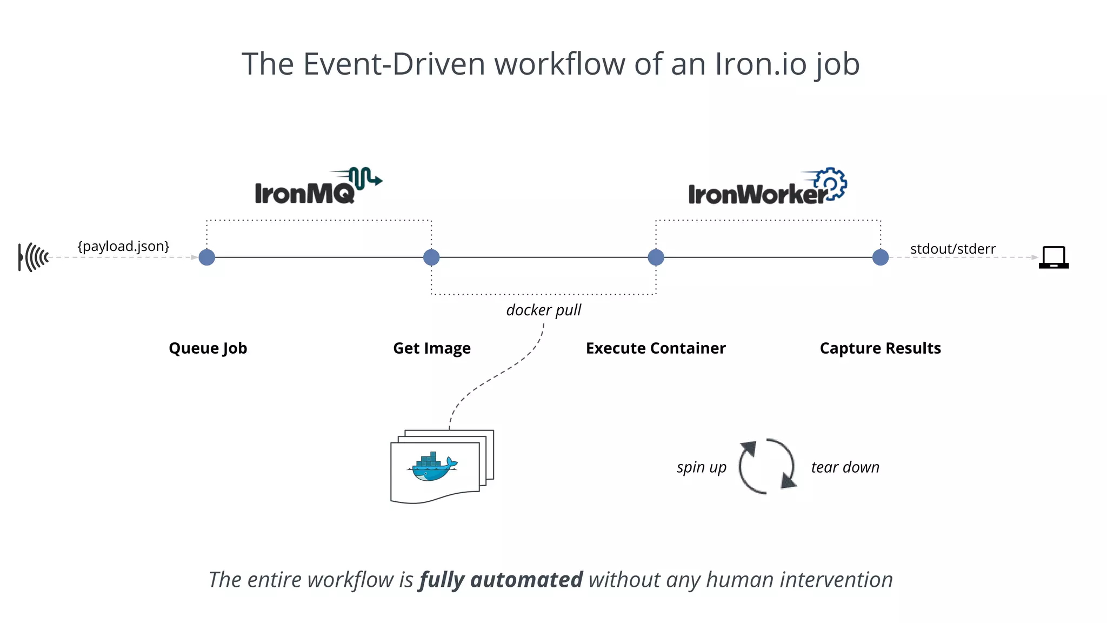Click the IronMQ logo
[x=318, y=187]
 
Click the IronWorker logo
[x=766, y=188]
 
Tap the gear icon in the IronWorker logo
[x=831, y=184]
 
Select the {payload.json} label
[x=123, y=247]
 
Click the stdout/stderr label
[x=952, y=249]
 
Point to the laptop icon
[x=1053, y=257]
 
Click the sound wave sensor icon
[x=34, y=257]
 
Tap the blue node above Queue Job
[x=207, y=257]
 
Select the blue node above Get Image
[x=431, y=257]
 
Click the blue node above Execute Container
[x=656, y=257]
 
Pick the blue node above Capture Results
[x=881, y=257]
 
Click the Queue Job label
[x=208, y=348]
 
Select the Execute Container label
[x=656, y=348]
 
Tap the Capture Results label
[x=880, y=348]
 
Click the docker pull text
[x=543, y=310]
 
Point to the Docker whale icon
[x=433, y=467]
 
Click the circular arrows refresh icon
[x=766, y=466]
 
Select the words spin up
[x=701, y=467]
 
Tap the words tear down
[x=845, y=467]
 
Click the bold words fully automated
[x=501, y=580]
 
